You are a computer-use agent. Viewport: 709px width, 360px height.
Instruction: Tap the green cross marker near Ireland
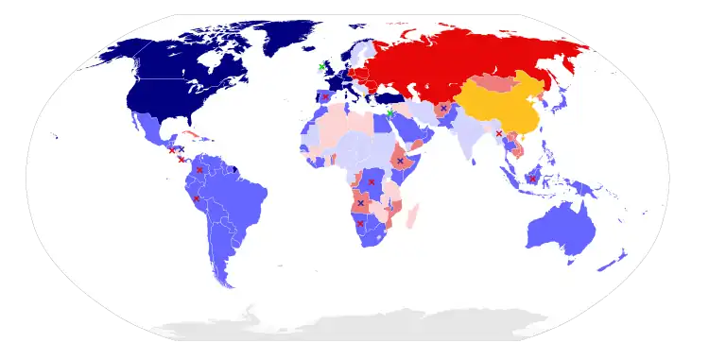tap(321, 67)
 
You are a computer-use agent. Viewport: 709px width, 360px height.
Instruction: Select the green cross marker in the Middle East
tap(389, 113)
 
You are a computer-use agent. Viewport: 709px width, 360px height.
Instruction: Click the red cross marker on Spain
tap(325, 96)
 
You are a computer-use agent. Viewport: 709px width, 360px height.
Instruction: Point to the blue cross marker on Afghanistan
tap(442, 109)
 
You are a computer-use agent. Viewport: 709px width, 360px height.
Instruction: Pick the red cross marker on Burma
tap(499, 133)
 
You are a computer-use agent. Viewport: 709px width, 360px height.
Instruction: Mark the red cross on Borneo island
tap(533, 179)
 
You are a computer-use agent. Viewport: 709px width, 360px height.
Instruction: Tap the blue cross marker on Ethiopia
tap(400, 162)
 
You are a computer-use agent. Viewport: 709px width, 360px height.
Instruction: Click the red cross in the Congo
tap(372, 181)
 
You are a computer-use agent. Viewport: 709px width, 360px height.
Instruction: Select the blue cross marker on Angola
tap(360, 203)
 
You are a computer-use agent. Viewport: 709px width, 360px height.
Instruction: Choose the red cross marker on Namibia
tap(360, 223)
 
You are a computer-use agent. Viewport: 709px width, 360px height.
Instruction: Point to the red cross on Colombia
tap(200, 170)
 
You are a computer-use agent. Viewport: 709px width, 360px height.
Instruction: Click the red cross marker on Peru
tap(196, 198)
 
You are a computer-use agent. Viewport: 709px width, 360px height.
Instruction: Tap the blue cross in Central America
tap(180, 148)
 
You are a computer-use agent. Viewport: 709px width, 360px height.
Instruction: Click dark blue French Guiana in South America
tap(233, 170)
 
